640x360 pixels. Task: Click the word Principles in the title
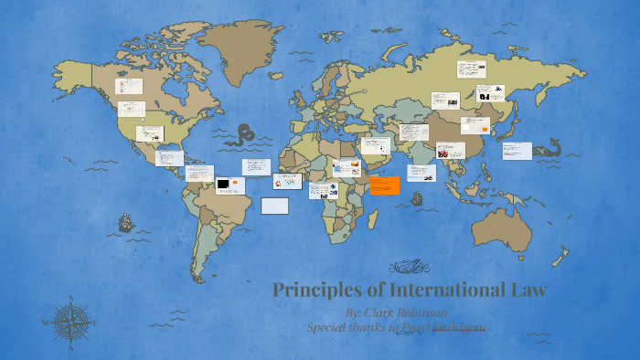pyautogui.click(x=312, y=291)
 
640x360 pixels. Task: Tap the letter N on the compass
pyautogui.click(x=70, y=298)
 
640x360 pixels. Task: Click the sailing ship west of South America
pyautogui.click(x=125, y=224)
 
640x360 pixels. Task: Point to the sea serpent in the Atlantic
pyautogui.click(x=245, y=137)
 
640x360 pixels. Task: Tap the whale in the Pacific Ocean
pyautogui.click(x=550, y=147)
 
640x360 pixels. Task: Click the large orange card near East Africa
pyautogui.click(x=385, y=185)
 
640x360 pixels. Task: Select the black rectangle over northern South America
pyautogui.click(x=223, y=185)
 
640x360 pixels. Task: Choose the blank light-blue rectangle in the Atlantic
pyautogui.click(x=274, y=206)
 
